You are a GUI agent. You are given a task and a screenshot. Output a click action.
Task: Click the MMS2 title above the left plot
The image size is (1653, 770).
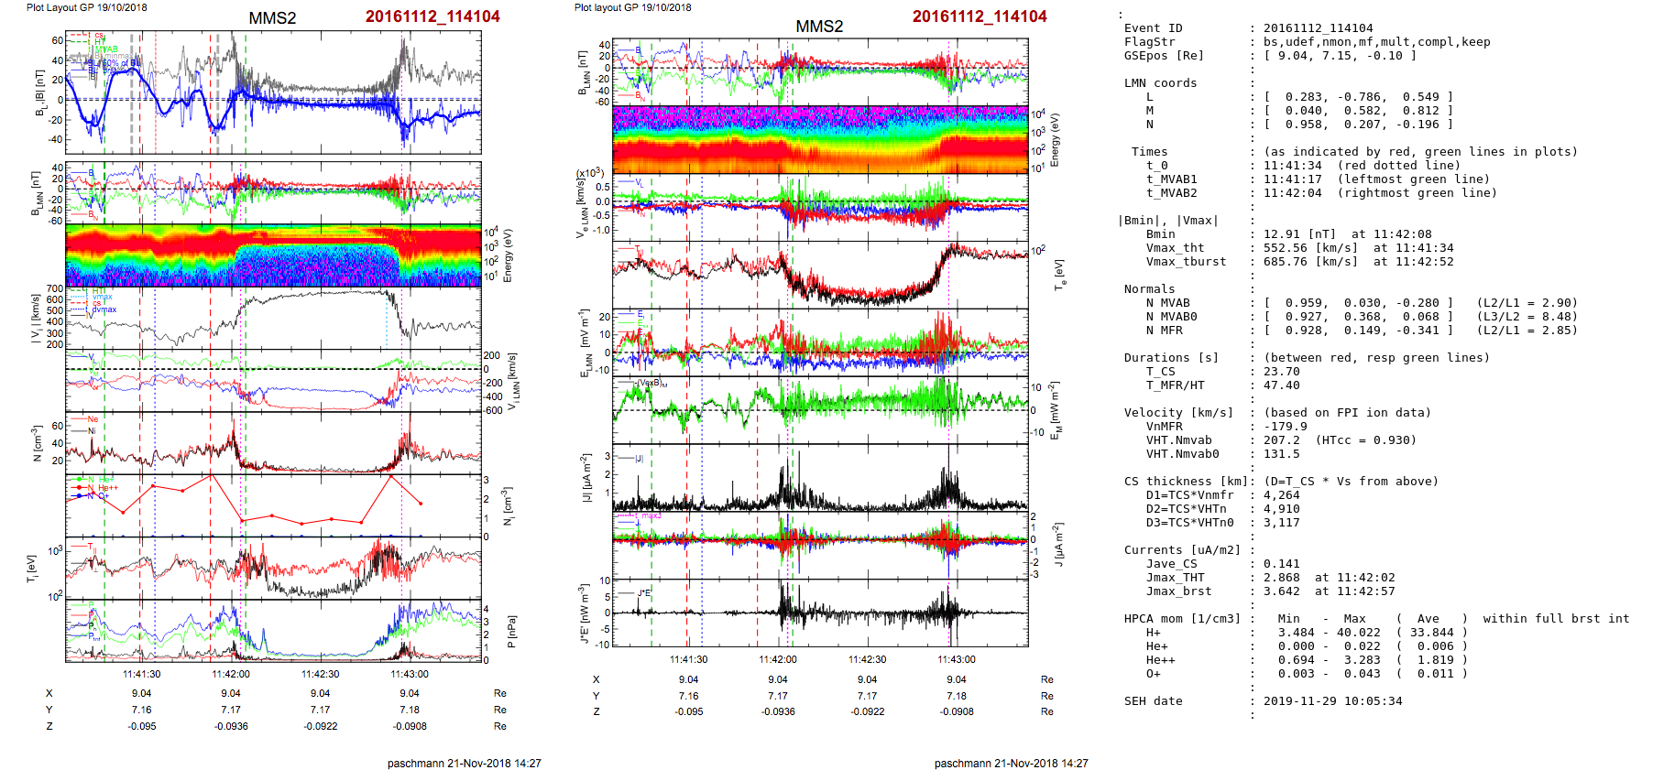pyautogui.click(x=272, y=18)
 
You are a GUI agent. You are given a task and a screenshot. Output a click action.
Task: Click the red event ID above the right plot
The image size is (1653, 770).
pyautogui.click(x=980, y=16)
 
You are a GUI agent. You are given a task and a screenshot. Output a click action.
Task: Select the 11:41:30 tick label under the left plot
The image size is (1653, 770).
pyautogui.click(x=142, y=674)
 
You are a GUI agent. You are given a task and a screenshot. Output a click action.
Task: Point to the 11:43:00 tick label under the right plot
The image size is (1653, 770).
pyautogui.click(x=957, y=659)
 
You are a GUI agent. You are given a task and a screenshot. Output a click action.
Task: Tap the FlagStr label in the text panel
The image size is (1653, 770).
pyautogui.click(x=1149, y=42)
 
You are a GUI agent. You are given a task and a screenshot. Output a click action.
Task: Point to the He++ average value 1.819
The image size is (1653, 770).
pyautogui.click(x=1429, y=660)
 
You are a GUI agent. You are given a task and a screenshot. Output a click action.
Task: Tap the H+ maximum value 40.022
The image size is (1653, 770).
pyautogui.click(x=1355, y=633)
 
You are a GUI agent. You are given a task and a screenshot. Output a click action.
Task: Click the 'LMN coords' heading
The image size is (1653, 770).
pyautogui.click(x=1160, y=83)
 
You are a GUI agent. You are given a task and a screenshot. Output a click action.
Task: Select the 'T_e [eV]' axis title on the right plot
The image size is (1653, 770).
pyautogui.click(x=1060, y=274)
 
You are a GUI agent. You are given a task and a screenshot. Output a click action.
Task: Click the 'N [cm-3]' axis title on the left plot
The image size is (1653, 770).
pyautogui.click(x=37, y=444)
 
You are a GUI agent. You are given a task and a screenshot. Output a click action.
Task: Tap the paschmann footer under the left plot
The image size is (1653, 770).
pyautogui.click(x=465, y=763)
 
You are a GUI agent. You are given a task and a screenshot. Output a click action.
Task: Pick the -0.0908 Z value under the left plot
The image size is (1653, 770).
pyautogui.click(x=410, y=726)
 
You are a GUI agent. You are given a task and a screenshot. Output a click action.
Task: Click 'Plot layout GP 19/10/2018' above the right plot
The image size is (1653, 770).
pyautogui.click(x=633, y=7)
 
